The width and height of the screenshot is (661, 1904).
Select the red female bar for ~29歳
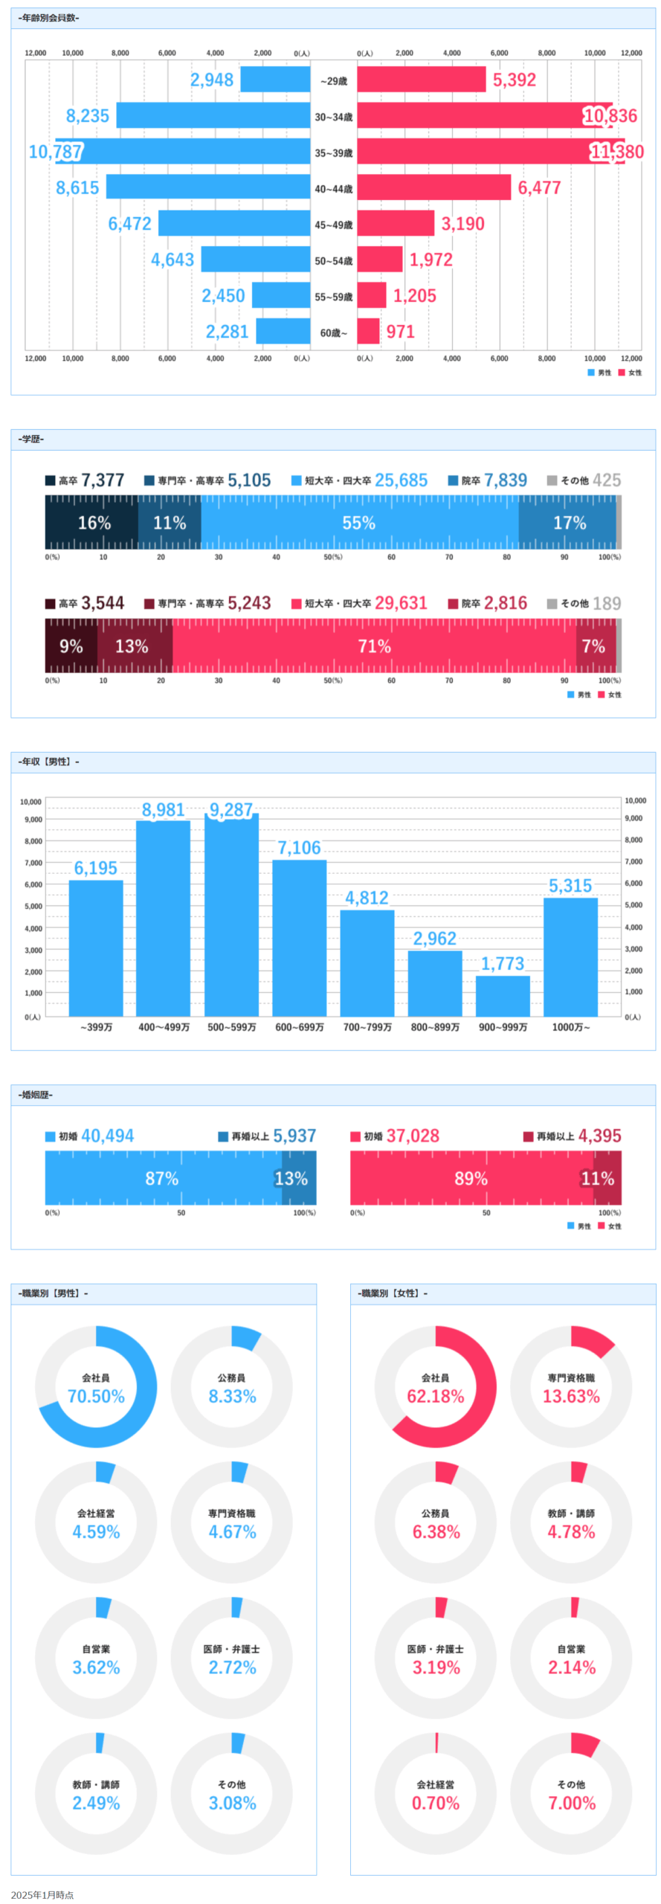tap(421, 80)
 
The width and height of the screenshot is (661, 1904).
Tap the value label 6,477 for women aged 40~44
tap(539, 187)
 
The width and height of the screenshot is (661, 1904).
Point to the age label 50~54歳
tap(333, 261)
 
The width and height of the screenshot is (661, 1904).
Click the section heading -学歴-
tap(31, 439)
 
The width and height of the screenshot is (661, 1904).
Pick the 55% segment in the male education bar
tap(358, 523)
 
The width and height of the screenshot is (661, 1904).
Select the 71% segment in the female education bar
tap(374, 646)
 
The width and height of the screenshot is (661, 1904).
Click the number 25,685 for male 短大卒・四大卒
tap(401, 480)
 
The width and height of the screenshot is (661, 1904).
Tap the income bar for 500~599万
tap(231, 915)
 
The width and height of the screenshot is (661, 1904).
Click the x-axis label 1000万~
tap(570, 1027)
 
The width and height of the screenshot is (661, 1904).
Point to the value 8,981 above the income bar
tap(163, 810)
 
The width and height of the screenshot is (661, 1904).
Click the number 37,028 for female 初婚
tap(413, 1136)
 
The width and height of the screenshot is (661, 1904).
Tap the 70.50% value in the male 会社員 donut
tap(96, 1396)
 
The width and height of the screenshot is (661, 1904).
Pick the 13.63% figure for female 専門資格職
tap(570, 1396)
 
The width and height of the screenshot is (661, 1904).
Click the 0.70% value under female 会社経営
tap(436, 1803)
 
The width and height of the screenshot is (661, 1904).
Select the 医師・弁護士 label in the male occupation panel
tap(231, 1649)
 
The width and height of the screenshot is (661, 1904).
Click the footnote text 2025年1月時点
tap(42, 1894)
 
